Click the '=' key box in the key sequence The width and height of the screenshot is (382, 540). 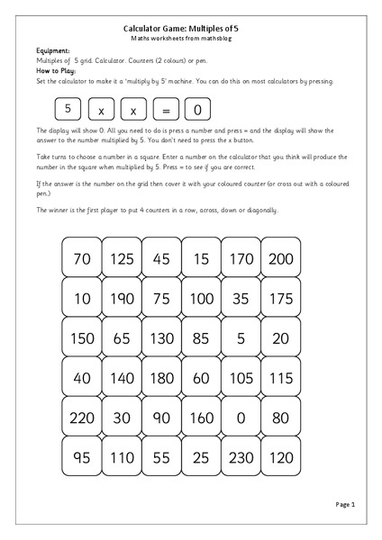[x=166, y=110]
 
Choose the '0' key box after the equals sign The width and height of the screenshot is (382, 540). [x=198, y=110]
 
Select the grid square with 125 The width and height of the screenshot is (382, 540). [x=122, y=258]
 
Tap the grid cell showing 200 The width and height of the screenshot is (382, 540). [x=281, y=258]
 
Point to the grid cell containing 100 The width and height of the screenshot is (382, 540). [x=202, y=298]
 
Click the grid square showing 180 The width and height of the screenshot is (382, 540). [x=162, y=377]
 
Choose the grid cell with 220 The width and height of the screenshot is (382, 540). [x=82, y=417]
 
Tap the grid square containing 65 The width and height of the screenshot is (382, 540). [x=122, y=337]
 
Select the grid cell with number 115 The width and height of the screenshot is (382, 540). [x=281, y=377]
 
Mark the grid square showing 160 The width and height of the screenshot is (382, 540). [x=202, y=417]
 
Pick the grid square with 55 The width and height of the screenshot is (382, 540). [x=162, y=456]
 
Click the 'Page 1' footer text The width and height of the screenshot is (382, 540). [x=345, y=506]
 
